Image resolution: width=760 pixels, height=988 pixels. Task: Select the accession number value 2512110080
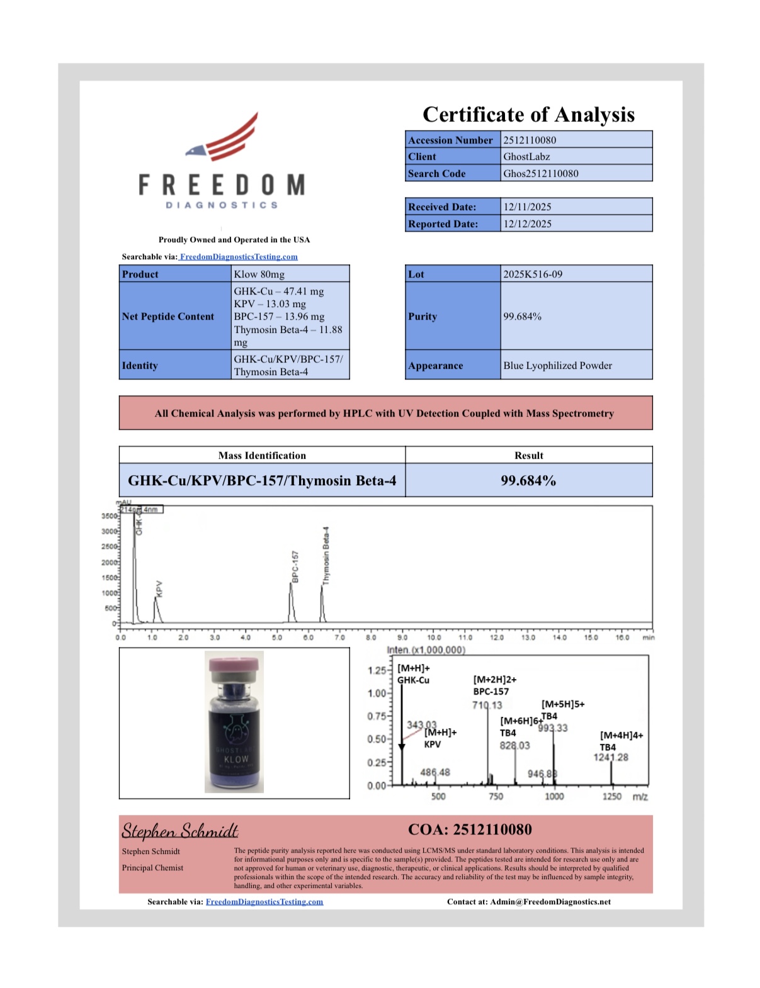[530, 140]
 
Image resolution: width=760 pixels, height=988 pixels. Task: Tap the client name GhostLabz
[526, 157]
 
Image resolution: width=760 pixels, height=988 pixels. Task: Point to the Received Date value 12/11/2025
[527, 207]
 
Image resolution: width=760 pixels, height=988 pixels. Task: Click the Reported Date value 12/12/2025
[527, 224]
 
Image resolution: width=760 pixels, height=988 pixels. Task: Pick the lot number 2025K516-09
[533, 274]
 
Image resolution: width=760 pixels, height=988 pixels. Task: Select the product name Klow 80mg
[259, 274]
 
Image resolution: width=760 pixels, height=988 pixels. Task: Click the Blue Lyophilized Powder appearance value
[557, 366]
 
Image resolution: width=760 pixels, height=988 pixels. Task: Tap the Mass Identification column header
[262, 456]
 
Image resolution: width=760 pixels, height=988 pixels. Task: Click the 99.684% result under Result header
[528, 481]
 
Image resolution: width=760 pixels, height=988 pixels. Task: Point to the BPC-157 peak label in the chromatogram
[295, 566]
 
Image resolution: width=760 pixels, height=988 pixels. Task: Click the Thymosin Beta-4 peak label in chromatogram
[326, 556]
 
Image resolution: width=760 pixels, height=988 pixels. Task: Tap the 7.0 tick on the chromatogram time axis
[339, 637]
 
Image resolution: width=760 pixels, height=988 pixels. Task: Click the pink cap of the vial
[234, 664]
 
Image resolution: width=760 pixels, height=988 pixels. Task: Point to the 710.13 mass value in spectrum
[487, 705]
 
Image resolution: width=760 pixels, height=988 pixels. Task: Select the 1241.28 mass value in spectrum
[611, 757]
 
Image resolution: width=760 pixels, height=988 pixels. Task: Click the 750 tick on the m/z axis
[496, 797]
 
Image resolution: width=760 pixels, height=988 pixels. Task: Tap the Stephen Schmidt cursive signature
[180, 831]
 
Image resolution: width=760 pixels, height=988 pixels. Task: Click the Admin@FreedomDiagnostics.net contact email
[550, 902]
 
